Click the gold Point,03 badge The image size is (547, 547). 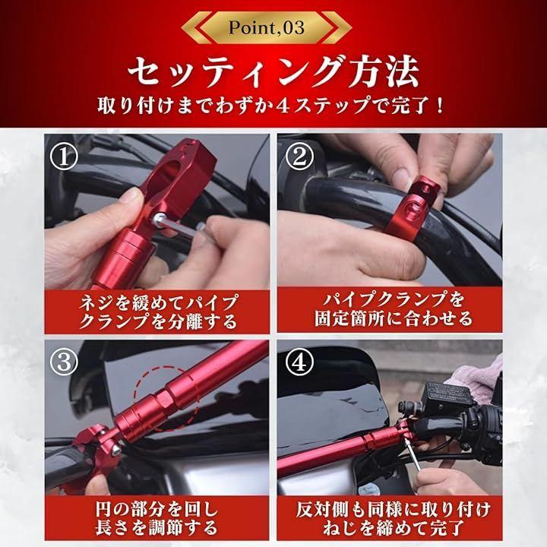point(267,27)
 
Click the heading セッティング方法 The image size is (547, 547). point(273,72)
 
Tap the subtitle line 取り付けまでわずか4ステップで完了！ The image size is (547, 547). point(271,106)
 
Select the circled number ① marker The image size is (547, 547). point(64,157)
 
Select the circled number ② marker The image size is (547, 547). point(299,157)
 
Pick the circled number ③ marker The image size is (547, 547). point(64,362)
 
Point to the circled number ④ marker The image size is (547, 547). point(299,362)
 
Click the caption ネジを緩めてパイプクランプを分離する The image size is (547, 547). point(158,311)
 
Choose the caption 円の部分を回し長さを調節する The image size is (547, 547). point(157,518)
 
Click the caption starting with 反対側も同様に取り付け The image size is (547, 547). point(394,518)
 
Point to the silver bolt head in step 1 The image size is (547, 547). point(159,220)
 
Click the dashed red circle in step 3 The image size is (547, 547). point(166,397)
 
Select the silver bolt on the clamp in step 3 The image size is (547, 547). point(115,450)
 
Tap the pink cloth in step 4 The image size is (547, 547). point(478,378)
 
